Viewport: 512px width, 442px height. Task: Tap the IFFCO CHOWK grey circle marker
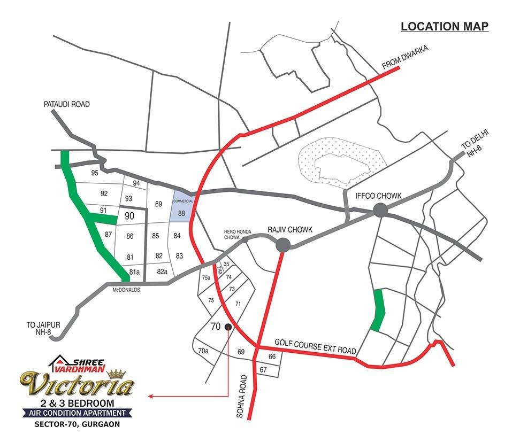(380, 210)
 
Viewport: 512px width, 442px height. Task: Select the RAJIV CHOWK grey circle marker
(282, 245)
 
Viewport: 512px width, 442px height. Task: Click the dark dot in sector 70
(228, 327)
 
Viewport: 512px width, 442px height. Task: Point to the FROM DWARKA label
(406, 57)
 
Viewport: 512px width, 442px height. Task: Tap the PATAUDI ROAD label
(66, 104)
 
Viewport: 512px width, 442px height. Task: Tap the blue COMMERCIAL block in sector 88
(181, 207)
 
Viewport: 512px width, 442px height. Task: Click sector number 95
(95, 173)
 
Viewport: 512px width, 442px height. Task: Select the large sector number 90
(129, 216)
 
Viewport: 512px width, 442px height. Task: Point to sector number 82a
(163, 272)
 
